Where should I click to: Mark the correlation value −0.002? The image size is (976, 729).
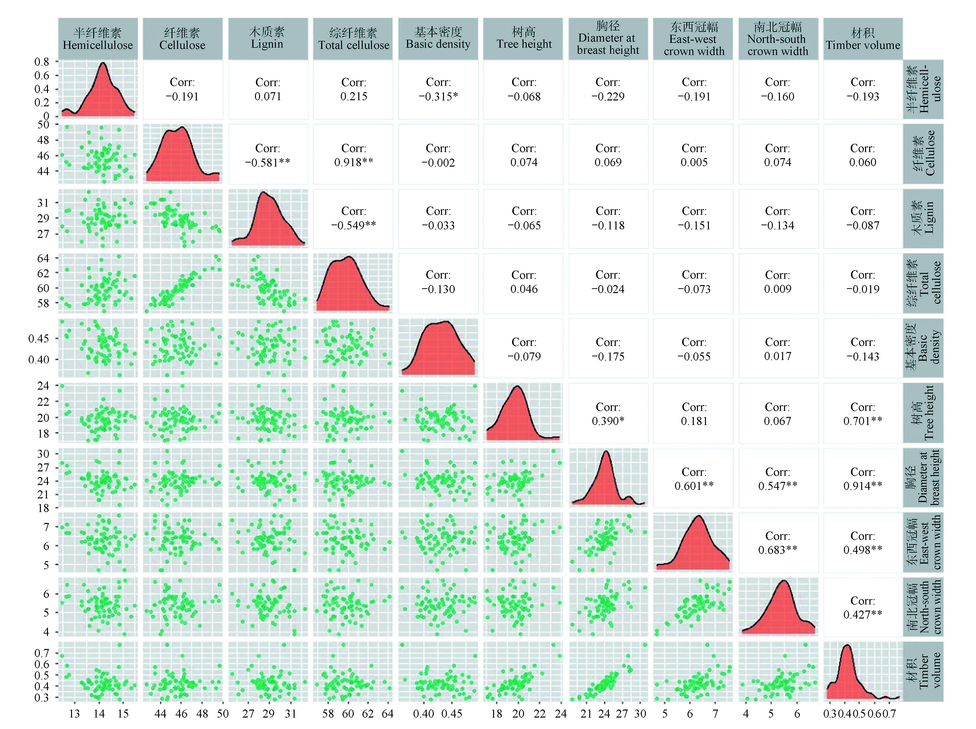click(438, 162)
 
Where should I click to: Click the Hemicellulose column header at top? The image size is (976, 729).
click(98, 39)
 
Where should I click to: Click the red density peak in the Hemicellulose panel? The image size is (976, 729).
click(103, 64)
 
